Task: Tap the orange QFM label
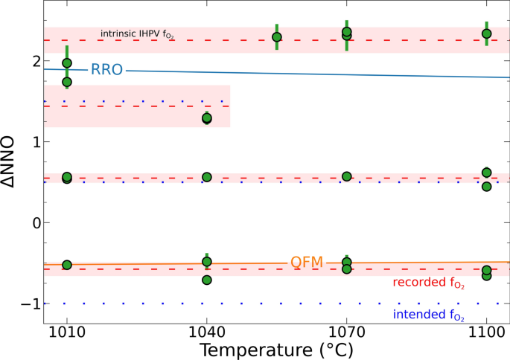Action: pyautogui.click(x=305, y=263)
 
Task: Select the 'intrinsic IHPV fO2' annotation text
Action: pyautogui.click(x=138, y=34)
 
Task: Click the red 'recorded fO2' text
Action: pyautogui.click(x=427, y=282)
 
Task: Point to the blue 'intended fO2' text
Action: pyautogui.click(x=428, y=315)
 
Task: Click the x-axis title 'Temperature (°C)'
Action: pyautogui.click(x=275, y=348)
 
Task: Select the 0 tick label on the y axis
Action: pyautogui.click(x=34, y=222)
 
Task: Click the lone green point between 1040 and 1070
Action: pyautogui.click(x=277, y=37)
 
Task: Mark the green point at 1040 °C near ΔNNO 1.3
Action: pyautogui.click(x=207, y=118)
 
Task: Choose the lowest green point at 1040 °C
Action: pyautogui.click(x=207, y=280)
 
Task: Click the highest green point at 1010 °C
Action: pyautogui.click(x=67, y=63)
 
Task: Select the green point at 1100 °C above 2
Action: pyautogui.click(x=486, y=33)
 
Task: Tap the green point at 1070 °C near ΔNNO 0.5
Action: pyautogui.click(x=346, y=176)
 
